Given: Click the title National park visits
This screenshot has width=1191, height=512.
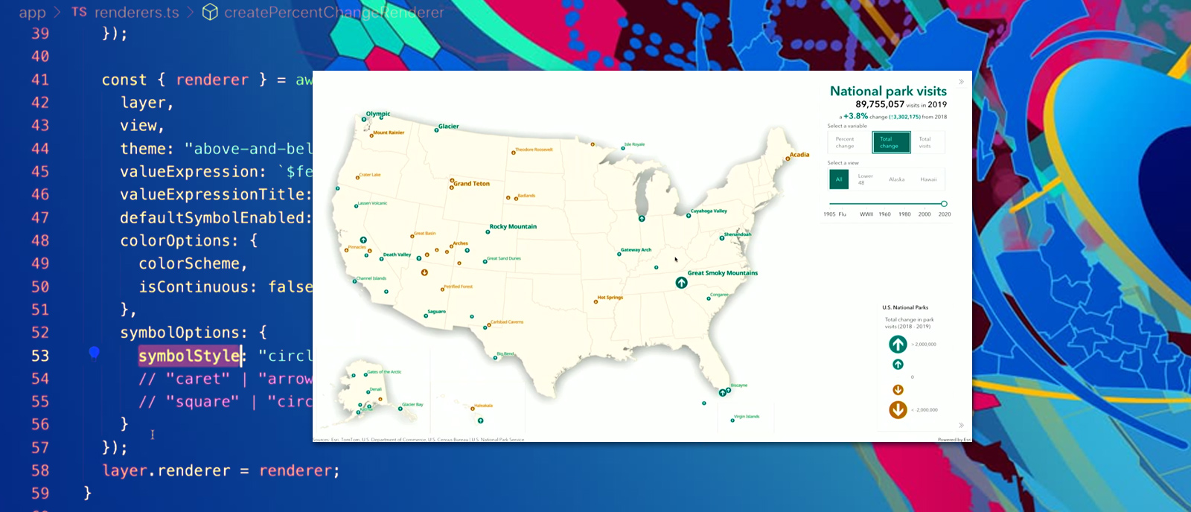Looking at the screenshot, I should coord(888,91).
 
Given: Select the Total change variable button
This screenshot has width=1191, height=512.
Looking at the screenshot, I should coord(891,142).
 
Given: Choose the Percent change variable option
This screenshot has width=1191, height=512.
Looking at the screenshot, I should coord(845,142).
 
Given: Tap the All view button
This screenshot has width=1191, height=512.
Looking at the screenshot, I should coord(839,179).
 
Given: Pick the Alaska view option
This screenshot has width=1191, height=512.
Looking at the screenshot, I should coord(896,179).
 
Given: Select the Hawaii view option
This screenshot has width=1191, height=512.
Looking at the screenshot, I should coord(928,179).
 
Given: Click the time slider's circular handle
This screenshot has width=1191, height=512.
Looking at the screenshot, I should coord(944,204).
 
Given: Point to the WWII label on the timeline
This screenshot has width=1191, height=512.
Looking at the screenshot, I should coord(866,214).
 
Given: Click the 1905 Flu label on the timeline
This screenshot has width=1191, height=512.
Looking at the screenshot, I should coord(834,214).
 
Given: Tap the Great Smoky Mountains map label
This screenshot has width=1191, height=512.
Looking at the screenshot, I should coord(722,273).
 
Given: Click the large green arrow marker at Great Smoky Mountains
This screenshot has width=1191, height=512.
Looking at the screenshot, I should coord(681,283).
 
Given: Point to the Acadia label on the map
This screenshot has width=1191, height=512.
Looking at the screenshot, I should coord(799,155).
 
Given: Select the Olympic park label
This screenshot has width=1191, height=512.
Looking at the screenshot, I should coord(378,114).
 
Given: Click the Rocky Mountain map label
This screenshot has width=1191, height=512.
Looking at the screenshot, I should coord(513,226).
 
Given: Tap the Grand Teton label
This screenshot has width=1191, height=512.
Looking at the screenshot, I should coord(472,183).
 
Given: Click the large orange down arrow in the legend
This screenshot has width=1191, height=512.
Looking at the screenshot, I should coord(898,409).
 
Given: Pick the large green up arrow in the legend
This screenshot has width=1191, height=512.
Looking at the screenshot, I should coord(898,344).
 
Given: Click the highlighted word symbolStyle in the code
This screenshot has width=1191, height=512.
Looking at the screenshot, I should coord(189,356).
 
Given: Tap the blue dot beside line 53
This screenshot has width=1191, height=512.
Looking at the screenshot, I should coord(95,352).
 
